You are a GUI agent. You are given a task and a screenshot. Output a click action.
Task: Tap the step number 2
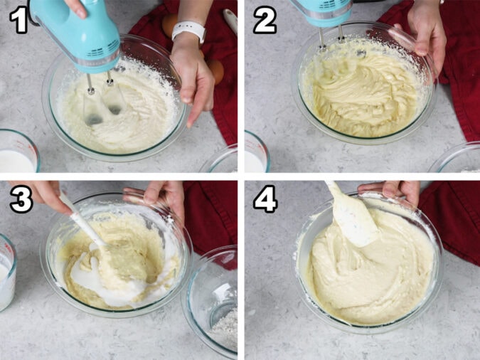pos(265,21)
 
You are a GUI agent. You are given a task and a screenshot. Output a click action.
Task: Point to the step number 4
pos(265,201)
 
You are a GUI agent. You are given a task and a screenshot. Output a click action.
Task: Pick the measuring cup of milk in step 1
pos(17,153)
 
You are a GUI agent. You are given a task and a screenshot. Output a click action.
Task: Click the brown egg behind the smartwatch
pos(171,25)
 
